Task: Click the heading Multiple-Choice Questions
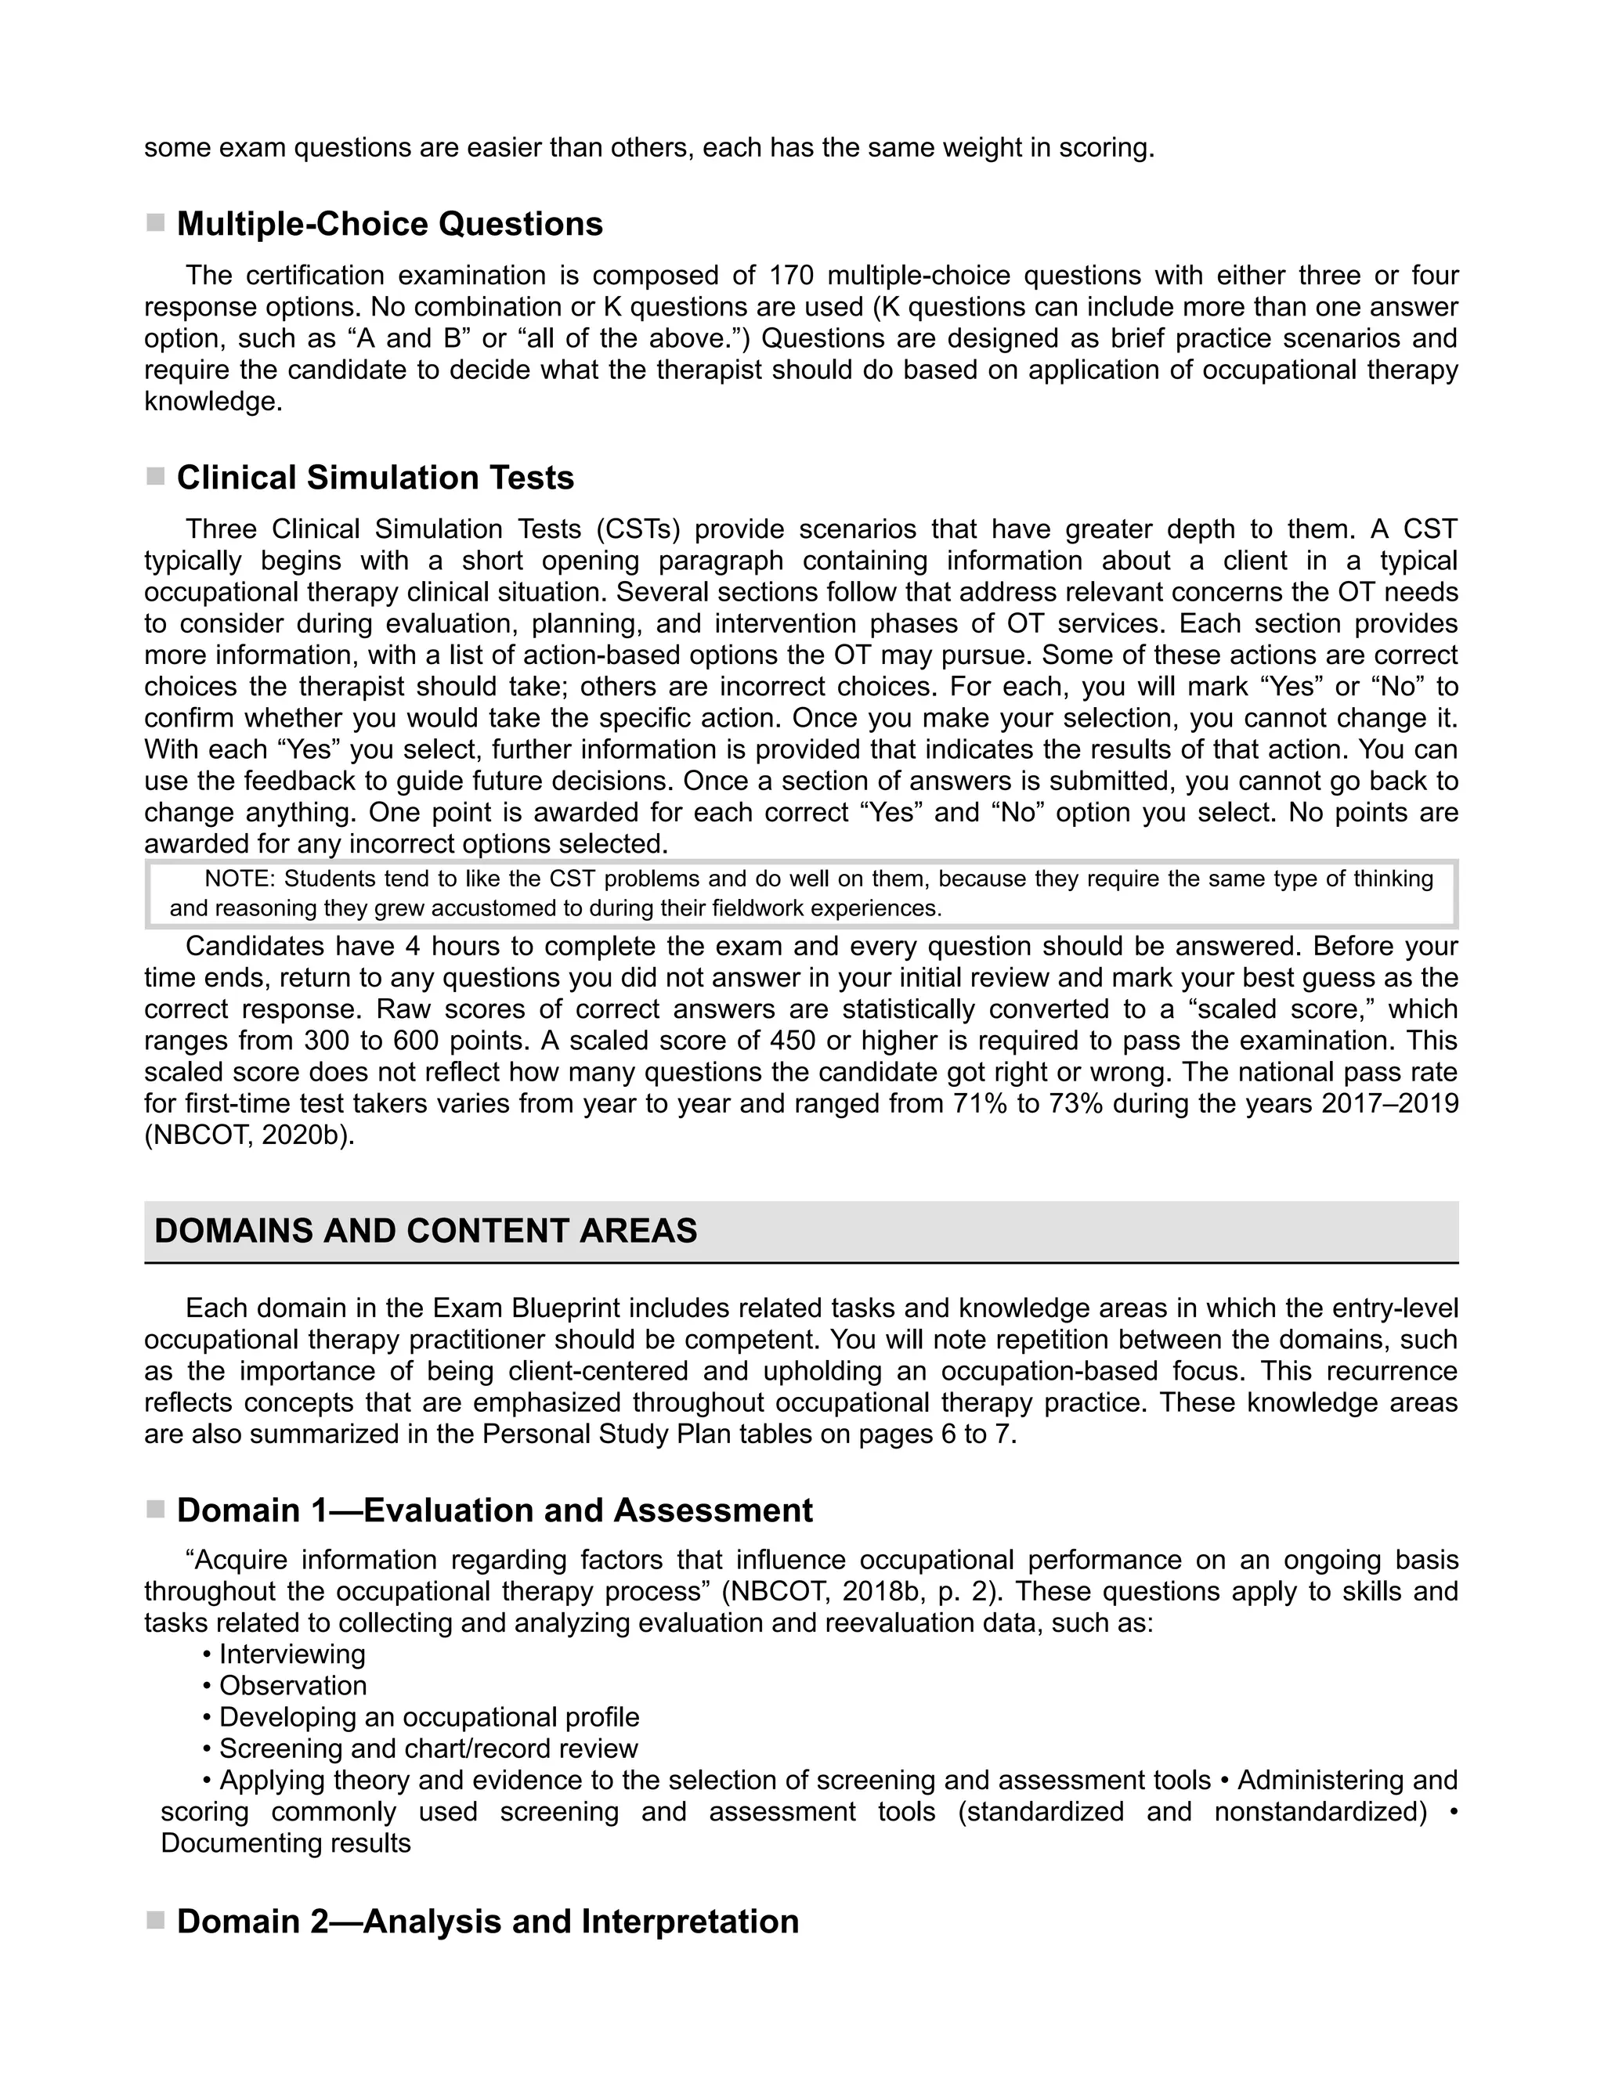coord(389,224)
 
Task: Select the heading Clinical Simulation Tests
coord(375,478)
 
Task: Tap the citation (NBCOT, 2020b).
coord(249,1135)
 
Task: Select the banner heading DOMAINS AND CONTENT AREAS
coord(426,1232)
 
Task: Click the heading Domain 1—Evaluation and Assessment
coord(494,1510)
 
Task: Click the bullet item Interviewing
coord(291,1654)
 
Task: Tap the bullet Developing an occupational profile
coord(428,1717)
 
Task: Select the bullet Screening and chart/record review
coord(428,1748)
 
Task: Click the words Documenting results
coord(286,1843)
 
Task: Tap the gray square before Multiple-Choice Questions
coord(155,223)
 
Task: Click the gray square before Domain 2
coord(155,1921)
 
